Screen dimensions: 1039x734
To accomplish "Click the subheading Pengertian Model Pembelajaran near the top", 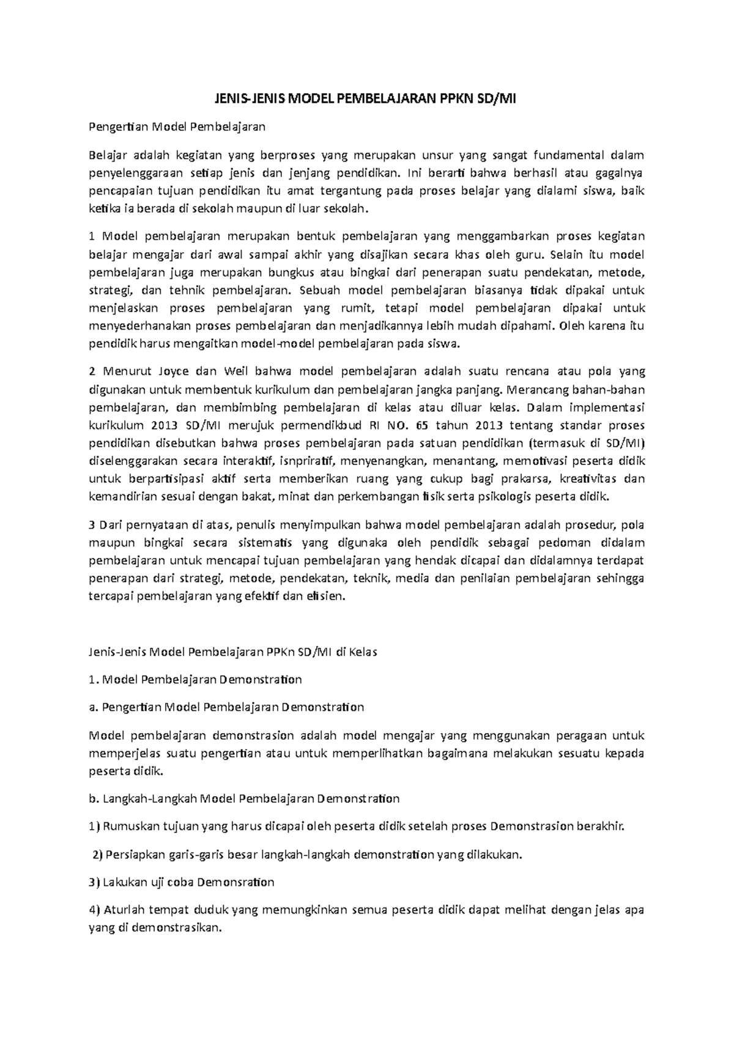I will click(177, 127).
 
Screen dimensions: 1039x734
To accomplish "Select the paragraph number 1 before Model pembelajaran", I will click(92, 237).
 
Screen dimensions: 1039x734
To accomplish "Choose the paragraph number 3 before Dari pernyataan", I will click(92, 525).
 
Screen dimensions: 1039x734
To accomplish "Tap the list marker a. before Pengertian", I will click(94, 707).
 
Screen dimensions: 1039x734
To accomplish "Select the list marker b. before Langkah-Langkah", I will click(94, 799).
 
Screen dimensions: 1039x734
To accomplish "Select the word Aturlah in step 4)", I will click(124, 911).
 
